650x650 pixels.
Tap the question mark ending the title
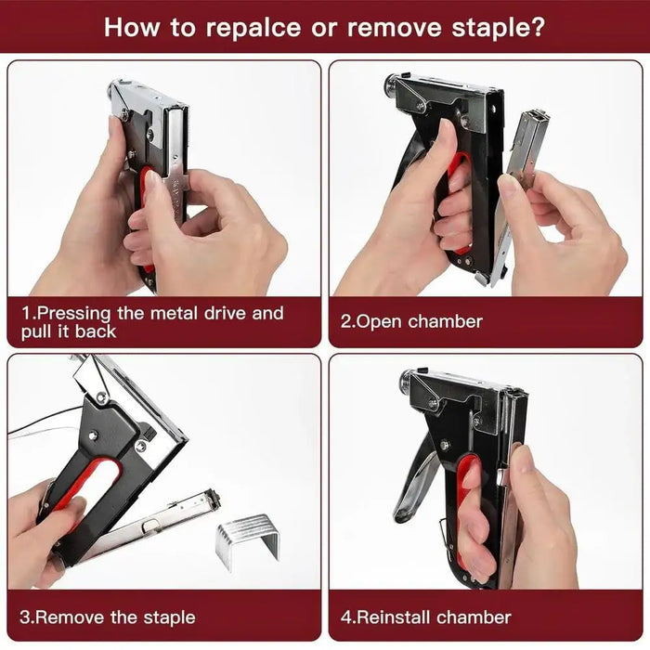(538, 26)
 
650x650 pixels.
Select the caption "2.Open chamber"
(411, 322)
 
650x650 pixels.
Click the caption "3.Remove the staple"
(108, 617)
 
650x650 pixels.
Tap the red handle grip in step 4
(464, 520)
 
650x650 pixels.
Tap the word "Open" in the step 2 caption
(380, 322)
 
